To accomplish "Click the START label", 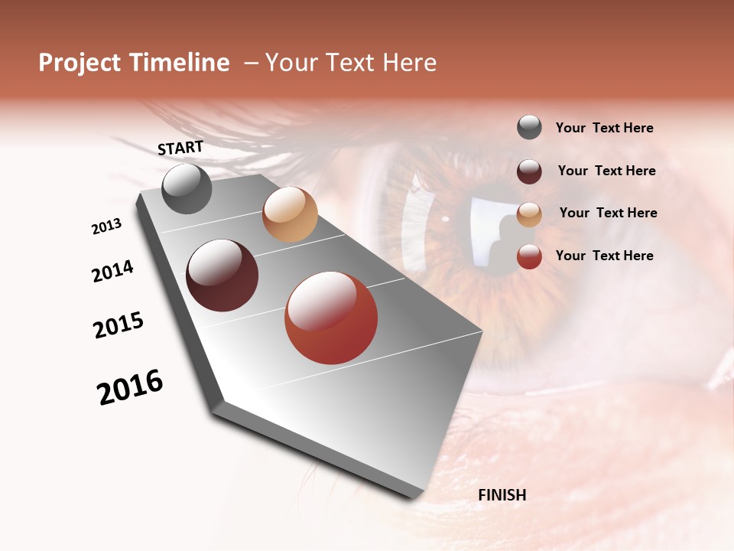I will coord(180,148).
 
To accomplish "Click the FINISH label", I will coord(502,495).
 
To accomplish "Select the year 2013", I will coord(107,227).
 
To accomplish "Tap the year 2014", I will coord(112,272).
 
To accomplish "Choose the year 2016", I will coord(130,387).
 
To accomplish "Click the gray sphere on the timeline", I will coord(187,188).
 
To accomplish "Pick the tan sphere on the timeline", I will coord(290,214).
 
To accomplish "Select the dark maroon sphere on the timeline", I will coord(222,275).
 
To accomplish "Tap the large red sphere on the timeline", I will coord(331,318).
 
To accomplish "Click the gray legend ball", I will coord(529,127).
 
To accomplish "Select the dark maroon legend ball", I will coord(529,171).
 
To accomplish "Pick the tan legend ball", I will coord(529,214).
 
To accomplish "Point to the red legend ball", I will coord(529,256).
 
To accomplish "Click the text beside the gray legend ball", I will coord(604,129).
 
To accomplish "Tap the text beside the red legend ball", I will coord(604,256).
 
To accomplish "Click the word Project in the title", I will coord(80,63).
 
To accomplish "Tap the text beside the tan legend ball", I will coord(608,213).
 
